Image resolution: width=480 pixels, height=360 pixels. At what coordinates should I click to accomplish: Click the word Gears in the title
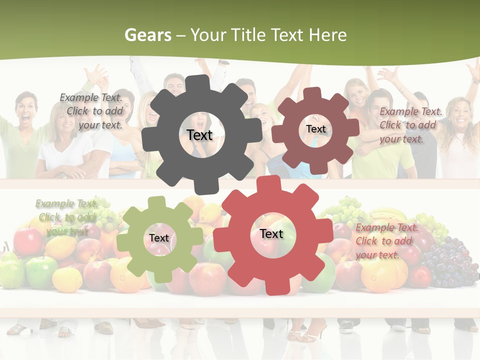(x=148, y=35)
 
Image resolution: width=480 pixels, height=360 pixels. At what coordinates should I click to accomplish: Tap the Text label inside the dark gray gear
(x=199, y=135)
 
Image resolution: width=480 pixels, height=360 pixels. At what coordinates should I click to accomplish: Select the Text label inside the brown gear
(x=315, y=129)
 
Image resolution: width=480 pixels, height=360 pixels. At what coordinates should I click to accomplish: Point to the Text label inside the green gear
(x=159, y=238)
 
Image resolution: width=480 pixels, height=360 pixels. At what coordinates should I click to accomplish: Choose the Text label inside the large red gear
(x=271, y=233)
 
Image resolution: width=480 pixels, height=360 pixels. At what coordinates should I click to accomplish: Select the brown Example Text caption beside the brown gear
(x=410, y=125)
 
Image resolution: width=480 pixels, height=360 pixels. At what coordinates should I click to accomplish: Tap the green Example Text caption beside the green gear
(x=65, y=217)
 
